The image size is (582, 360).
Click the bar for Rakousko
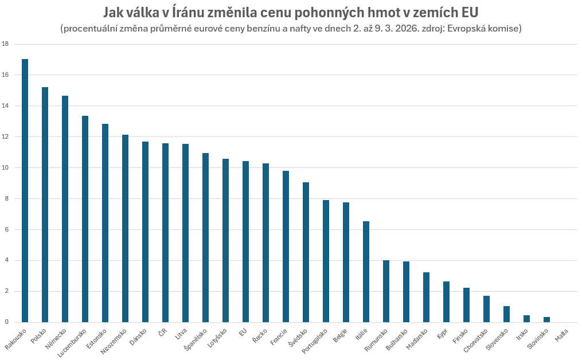coord(25,190)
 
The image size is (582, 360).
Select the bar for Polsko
coord(45,205)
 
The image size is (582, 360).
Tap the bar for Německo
coord(65,209)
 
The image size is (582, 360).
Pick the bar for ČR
coord(165,233)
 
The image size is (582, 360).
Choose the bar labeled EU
coord(245,241)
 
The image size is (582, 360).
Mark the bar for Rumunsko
coord(386,291)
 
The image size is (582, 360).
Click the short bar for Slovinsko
coord(546,319)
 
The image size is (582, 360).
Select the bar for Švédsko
coord(306,252)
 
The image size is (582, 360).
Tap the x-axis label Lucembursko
coord(74,343)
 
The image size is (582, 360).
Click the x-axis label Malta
coord(561,335)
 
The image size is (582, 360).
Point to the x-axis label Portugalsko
coord(315,342)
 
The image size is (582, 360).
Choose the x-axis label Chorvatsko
coord(476,342)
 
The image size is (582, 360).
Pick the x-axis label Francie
coord(280,337)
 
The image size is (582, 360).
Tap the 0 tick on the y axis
coord(6,322)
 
